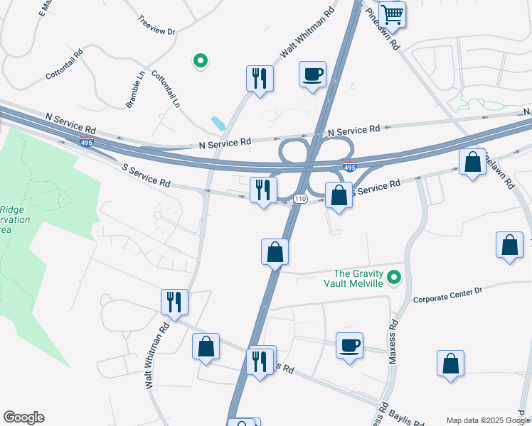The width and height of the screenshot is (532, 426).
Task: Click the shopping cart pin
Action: coord(392,14)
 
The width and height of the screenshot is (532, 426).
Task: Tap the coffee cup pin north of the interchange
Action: coord(312,74)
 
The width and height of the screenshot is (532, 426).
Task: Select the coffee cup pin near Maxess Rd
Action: coord(349,346)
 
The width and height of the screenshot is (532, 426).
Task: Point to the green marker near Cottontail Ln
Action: coord(201,62)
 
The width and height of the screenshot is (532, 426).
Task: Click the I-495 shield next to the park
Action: coord(87,142)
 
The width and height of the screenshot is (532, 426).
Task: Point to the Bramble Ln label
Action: coord(136,89)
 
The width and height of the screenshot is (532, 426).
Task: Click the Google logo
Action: coord(23,417)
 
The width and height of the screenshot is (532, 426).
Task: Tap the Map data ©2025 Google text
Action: coord(488,420)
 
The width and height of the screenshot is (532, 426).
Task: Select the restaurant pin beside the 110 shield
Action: coord(263,190)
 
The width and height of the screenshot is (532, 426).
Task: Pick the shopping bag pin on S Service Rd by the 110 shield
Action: coord(339,195)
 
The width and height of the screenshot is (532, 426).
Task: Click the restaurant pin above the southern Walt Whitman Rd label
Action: coord(174,302)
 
